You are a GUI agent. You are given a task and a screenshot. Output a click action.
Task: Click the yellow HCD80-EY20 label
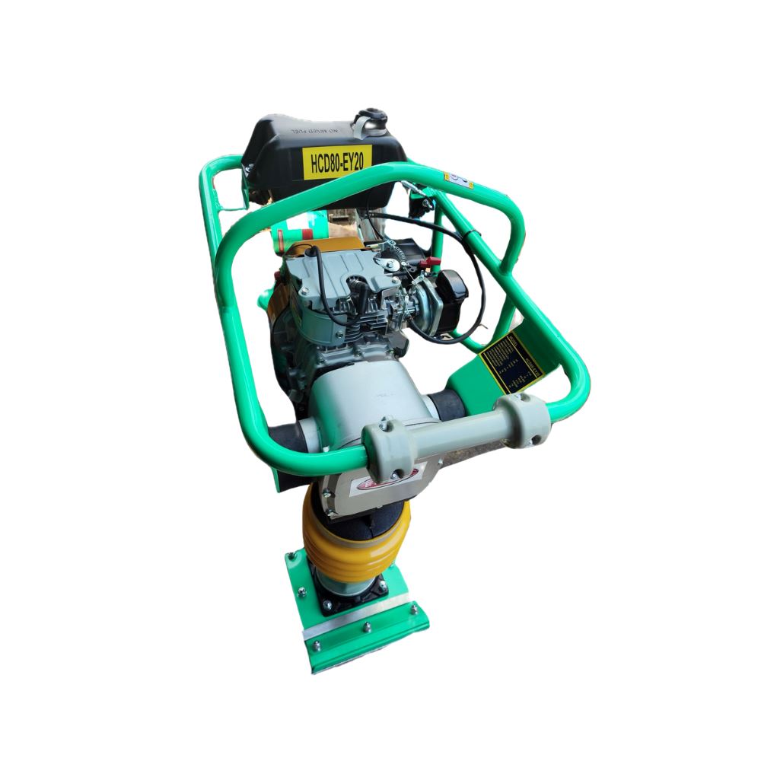(337, 161)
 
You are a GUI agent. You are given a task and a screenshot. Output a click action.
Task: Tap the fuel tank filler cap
(373, 122)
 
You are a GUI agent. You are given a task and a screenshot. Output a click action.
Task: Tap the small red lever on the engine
(431, 263)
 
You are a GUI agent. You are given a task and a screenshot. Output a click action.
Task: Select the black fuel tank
(320, 152)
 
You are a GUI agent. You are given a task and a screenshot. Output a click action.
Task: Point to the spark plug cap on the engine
(356, 288)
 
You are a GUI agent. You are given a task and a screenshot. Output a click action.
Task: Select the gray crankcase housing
(373, 396)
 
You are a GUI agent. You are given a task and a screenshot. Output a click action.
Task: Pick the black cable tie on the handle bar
(473, 231)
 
